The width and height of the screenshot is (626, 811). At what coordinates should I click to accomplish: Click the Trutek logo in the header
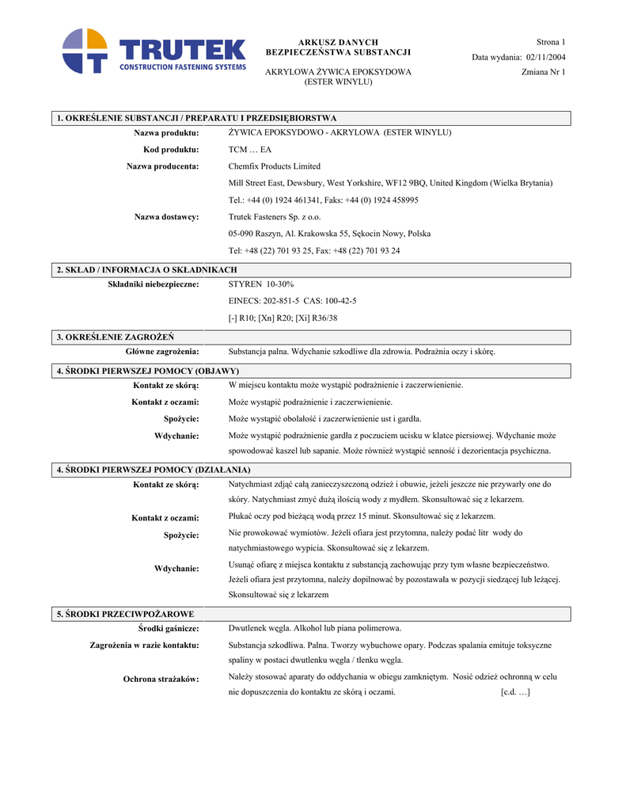pos(154,51)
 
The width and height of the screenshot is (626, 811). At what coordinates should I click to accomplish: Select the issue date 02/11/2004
pos(545,57)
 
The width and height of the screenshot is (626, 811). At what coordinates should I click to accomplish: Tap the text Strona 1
pos(551,41)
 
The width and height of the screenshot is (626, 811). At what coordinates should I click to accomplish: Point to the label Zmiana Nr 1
pos(544,72)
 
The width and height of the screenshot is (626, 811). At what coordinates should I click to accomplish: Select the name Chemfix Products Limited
pos(274,166)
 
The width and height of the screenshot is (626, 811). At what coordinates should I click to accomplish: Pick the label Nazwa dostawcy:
pos(166,217)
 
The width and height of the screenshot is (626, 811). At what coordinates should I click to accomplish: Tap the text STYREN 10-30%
pos(260,284)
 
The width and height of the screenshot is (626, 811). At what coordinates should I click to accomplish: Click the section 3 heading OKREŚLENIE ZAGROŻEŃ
pos(116,337)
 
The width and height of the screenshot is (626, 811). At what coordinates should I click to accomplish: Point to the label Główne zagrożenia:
pos(162,351)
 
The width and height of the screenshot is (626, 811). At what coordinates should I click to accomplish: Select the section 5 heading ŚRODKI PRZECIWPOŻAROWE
pos(125,614)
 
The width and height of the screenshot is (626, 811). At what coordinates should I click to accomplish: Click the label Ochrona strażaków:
pos(161,679)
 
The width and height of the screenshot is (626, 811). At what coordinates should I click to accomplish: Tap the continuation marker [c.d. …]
pos(515,692)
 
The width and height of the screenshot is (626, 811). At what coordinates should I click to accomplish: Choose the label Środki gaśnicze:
pos(168,628)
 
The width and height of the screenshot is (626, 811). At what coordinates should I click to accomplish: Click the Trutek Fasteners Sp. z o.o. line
pos(275,217)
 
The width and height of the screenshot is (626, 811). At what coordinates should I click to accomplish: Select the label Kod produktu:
pos(171,150)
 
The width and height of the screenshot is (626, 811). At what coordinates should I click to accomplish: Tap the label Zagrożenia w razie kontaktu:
pos(144,645)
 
